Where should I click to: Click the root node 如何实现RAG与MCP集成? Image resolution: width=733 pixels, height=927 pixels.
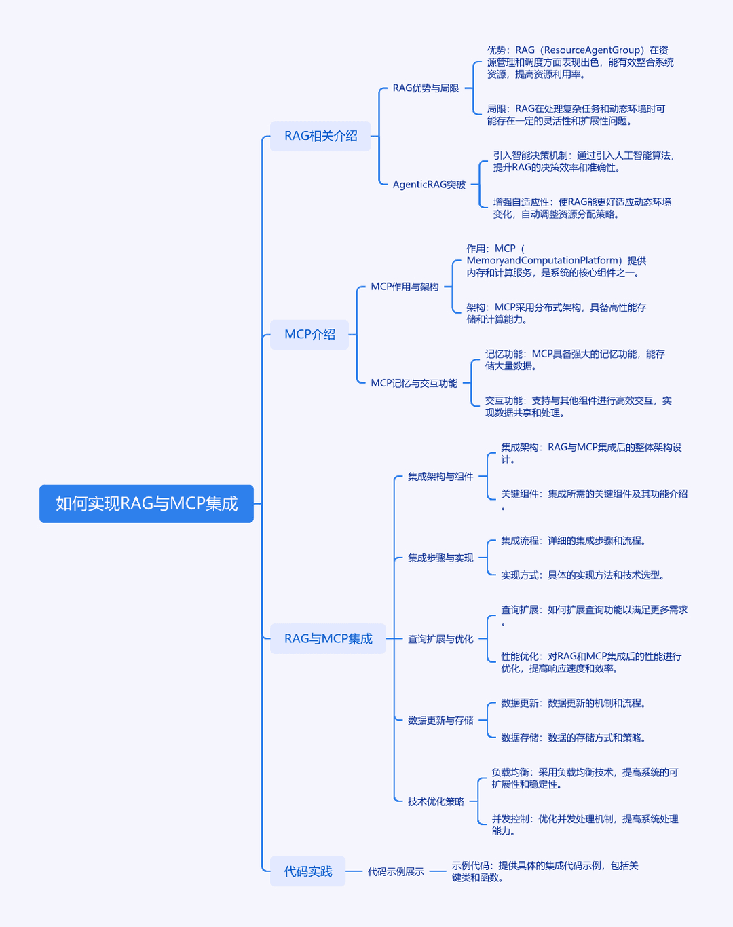(147, 503)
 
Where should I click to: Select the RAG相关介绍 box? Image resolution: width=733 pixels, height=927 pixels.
(320, 136)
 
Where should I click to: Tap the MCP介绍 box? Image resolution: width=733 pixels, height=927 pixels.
(309, 335)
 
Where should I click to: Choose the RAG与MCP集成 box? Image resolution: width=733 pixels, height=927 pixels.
(328, 639)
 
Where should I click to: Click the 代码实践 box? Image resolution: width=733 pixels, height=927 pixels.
(308, 871)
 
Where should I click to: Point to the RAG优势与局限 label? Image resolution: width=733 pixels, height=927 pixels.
(426, 88)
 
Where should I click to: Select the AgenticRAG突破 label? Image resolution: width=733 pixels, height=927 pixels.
(430, 185)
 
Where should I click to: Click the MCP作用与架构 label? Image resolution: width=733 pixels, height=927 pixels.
(405, 287)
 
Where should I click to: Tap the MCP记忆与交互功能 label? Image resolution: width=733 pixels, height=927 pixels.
(414, 384)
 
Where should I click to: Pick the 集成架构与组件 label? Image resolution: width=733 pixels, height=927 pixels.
(440, 477)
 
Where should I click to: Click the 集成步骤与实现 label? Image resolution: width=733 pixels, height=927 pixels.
(440, 558)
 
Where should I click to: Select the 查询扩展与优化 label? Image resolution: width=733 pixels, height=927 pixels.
(440, 639)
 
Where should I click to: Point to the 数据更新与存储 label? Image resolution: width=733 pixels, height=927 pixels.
(440, 721)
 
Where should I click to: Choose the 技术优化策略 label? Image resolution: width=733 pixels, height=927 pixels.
(436, 801)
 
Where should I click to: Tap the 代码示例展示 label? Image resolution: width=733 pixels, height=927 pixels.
(396, 872)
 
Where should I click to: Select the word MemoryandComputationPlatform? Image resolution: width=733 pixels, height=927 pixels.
(542, 261)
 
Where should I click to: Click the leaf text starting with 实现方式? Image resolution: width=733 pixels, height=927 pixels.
(582, 575)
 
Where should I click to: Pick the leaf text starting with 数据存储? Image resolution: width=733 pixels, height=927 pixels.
(574, 738)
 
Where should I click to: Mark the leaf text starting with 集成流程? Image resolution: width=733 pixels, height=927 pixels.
(574, 541)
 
